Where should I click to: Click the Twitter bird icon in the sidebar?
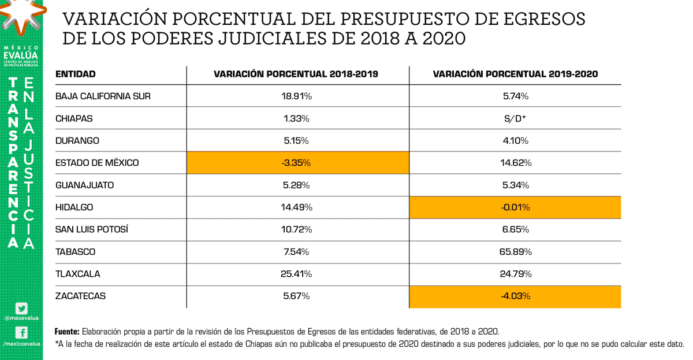tap(21, 309)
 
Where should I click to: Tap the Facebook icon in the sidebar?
tap(21, 332)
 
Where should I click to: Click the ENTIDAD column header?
tap(75, 75)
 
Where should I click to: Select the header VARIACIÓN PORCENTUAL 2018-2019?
tap(296, 75)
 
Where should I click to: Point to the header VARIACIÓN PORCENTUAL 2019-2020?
tap(515, 75)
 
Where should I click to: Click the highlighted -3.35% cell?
tap(297, 163)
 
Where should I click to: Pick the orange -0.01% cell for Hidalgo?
tap(515, 207)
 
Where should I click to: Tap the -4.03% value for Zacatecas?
tap(515, 296)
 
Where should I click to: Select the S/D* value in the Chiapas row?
tap(515, 118)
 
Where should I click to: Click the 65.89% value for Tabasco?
tap(515, 252)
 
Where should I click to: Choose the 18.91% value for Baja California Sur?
tap(297, 97)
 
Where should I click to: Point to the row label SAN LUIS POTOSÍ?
tap(91, 229)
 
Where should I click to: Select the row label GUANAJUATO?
tap(84, 185)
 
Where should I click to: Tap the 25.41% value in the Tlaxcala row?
tap(297, 274)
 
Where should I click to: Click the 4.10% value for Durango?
tap(515, 141)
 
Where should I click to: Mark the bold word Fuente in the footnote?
tap(66, 332)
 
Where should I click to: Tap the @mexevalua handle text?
tap(21, 318)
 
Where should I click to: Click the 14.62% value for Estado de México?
tap(515, 163)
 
